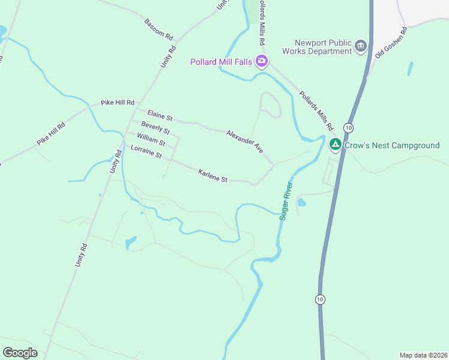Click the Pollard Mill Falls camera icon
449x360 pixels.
[261, 61]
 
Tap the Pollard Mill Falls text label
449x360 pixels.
[220, 61]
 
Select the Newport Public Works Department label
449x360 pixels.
[323, 47]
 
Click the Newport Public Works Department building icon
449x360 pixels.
[361, 46]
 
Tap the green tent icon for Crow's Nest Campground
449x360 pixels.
[335, 145]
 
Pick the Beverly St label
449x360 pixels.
[155, 128]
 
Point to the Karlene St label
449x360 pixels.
[213, 175]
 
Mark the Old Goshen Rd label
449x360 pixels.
[391, 43]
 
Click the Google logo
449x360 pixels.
[20, 353]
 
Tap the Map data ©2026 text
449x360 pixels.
[423, 355]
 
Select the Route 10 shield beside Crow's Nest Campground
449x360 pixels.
[348, 127]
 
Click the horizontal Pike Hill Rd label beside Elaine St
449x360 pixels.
[118, 103]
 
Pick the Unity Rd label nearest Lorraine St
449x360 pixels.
[115, 162]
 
